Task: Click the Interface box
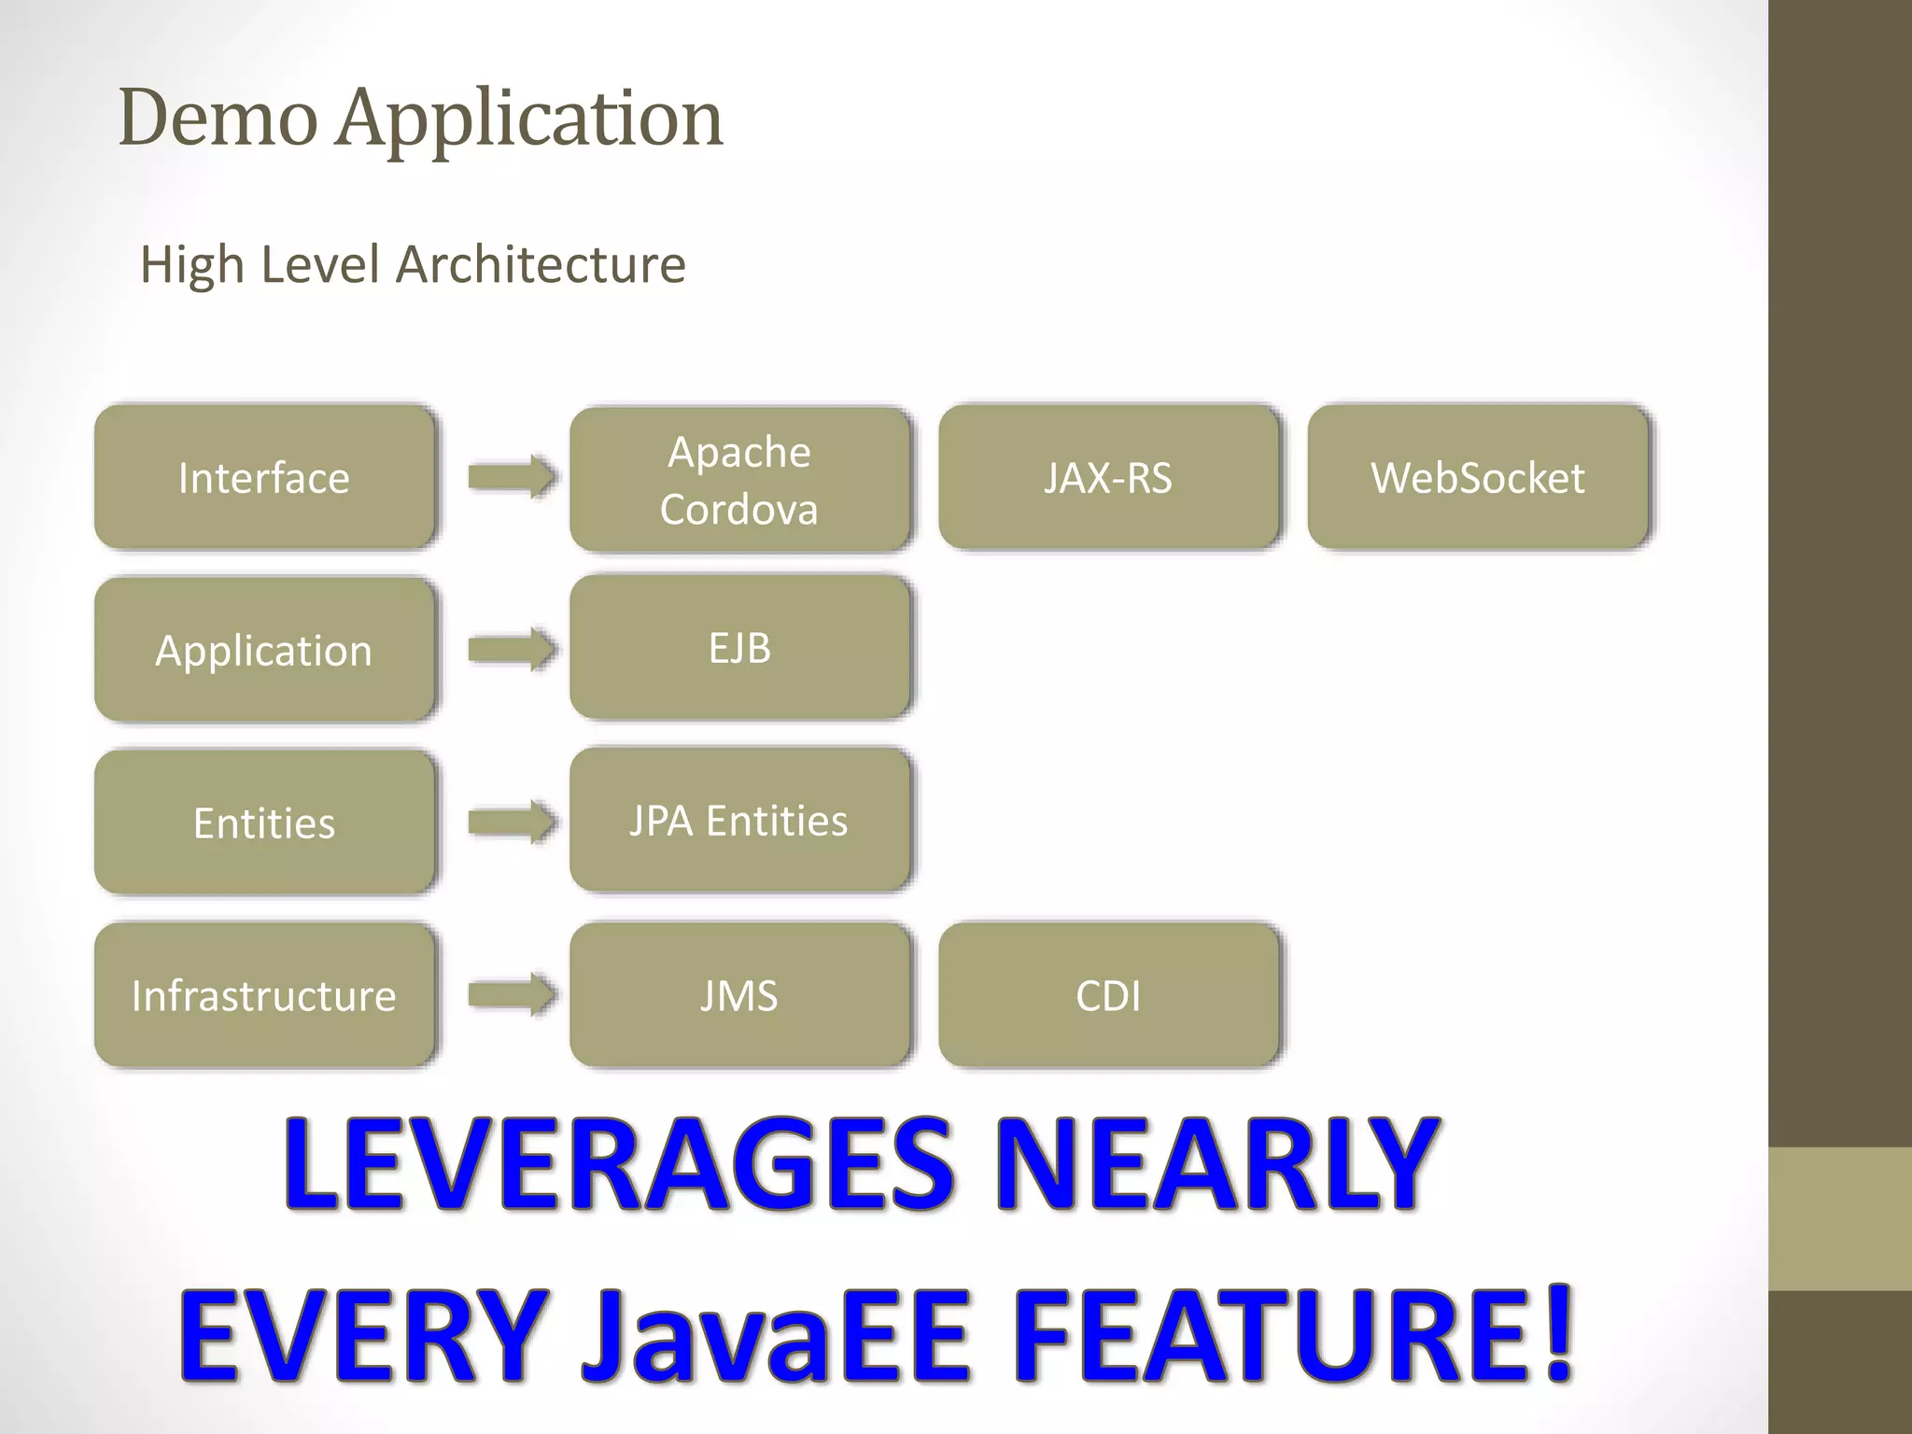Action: click(264, 477)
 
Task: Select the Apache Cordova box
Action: click(739, 480)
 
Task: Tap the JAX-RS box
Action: click(1108, 477)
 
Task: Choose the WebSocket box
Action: click(1477, 477)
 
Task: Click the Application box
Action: click(264, 650)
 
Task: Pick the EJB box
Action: click(739, 647)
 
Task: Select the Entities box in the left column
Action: click(264, 822)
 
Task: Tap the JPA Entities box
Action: click(739, 820)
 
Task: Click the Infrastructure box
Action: click(264, 995)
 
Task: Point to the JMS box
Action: click(739, 995)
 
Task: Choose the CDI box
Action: click(1108, 995)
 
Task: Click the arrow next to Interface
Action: click(512, 477)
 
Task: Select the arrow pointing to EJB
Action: click(512, 649)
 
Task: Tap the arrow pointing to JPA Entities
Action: click(512, 822)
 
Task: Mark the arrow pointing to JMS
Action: click(512, 994)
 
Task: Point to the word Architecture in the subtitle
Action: click(541, 264)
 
